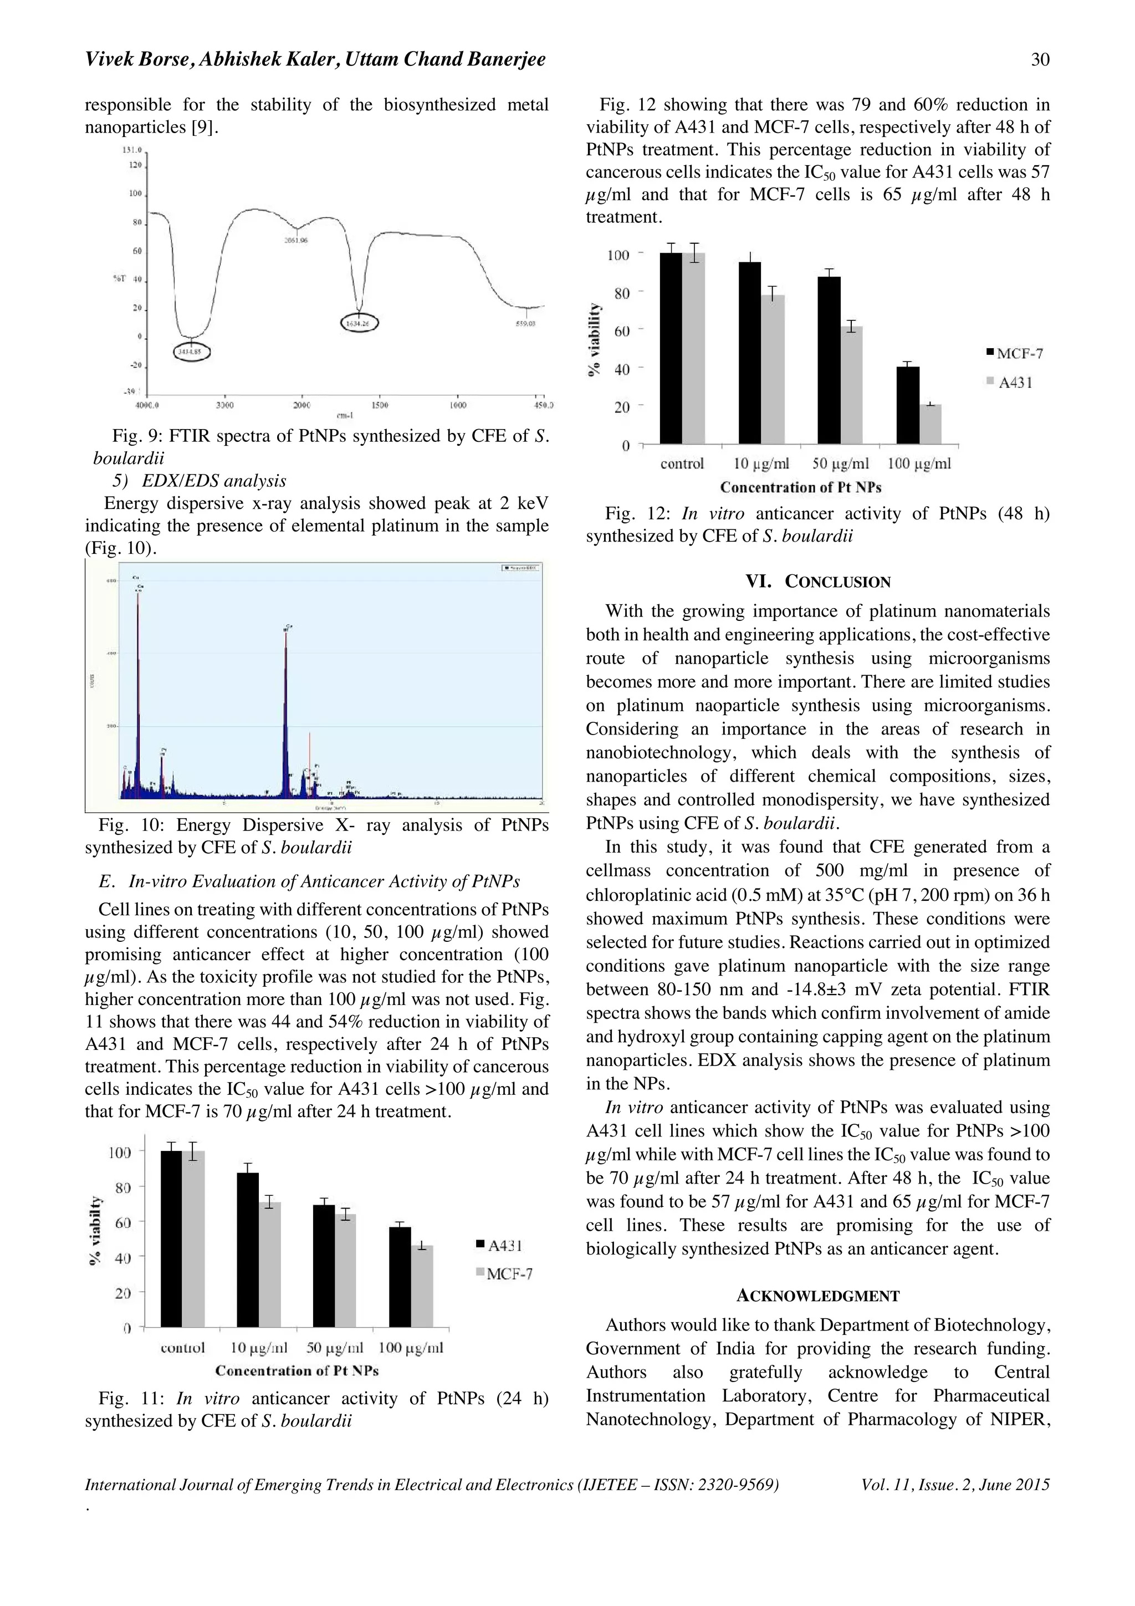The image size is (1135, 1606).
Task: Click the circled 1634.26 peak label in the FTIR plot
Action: (x=360, y=323)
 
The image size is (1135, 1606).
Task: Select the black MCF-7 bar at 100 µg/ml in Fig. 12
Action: (x=908, y=405)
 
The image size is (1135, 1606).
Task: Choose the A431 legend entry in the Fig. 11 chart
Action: (x=504, y=1246)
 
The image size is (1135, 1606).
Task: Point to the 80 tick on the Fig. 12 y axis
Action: (x=622, y=294)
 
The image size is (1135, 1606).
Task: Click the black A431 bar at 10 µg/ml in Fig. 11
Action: (x=248, y=1250)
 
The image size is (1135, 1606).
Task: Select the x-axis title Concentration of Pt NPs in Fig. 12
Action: (x=800, y=487)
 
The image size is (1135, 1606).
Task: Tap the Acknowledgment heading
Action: (x=817, y=1296)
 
